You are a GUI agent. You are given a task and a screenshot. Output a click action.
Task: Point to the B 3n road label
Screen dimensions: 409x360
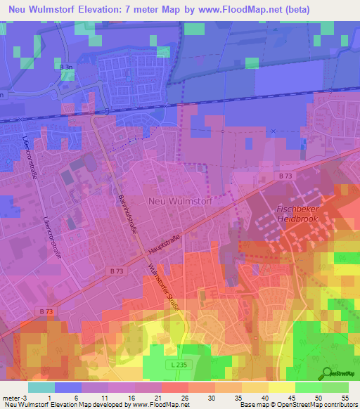(x=67, y=67)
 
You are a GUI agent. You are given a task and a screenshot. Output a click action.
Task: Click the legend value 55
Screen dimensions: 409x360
(x=345, y=396)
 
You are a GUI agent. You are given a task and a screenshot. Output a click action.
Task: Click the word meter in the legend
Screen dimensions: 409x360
(x=10, y=396)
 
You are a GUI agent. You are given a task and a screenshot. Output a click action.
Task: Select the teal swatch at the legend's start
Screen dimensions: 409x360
(x=41, y=387)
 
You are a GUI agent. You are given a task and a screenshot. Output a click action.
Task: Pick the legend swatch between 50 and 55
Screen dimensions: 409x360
(x=335, y=387)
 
